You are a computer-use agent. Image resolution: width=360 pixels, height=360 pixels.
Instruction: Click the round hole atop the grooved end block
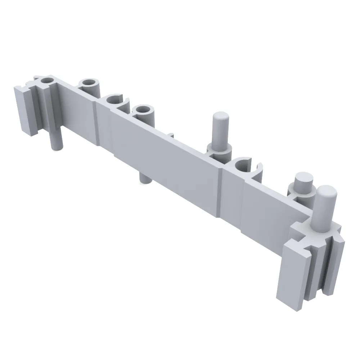pos(46,80)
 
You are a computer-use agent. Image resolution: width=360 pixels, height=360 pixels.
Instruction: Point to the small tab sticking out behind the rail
pos(172,135)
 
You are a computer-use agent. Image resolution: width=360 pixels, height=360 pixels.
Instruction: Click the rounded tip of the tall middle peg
pos(219,118)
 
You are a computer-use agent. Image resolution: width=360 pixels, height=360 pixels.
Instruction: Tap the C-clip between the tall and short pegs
pos(247,165)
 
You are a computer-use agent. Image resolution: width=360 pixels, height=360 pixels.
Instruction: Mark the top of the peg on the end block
pos(327,191)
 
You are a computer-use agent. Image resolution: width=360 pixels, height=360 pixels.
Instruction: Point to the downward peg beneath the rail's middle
pos(144,177)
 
